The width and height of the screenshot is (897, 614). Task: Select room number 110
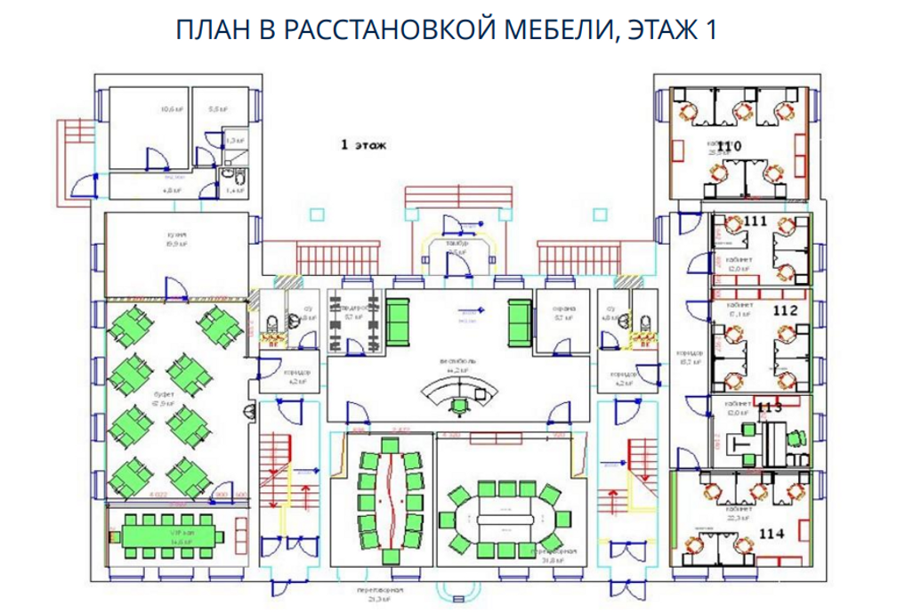tap(730, 146)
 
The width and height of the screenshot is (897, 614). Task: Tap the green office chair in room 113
tap(796, 437)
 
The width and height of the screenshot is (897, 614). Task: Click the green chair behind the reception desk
tap(459, 406)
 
